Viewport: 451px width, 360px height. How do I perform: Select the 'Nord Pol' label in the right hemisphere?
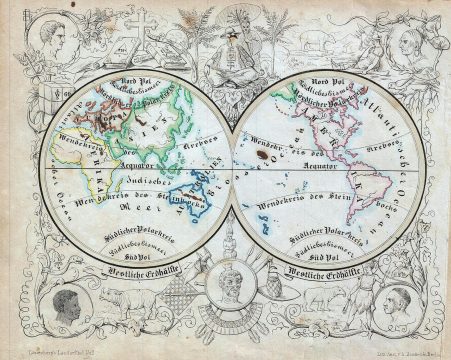(326, 81)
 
